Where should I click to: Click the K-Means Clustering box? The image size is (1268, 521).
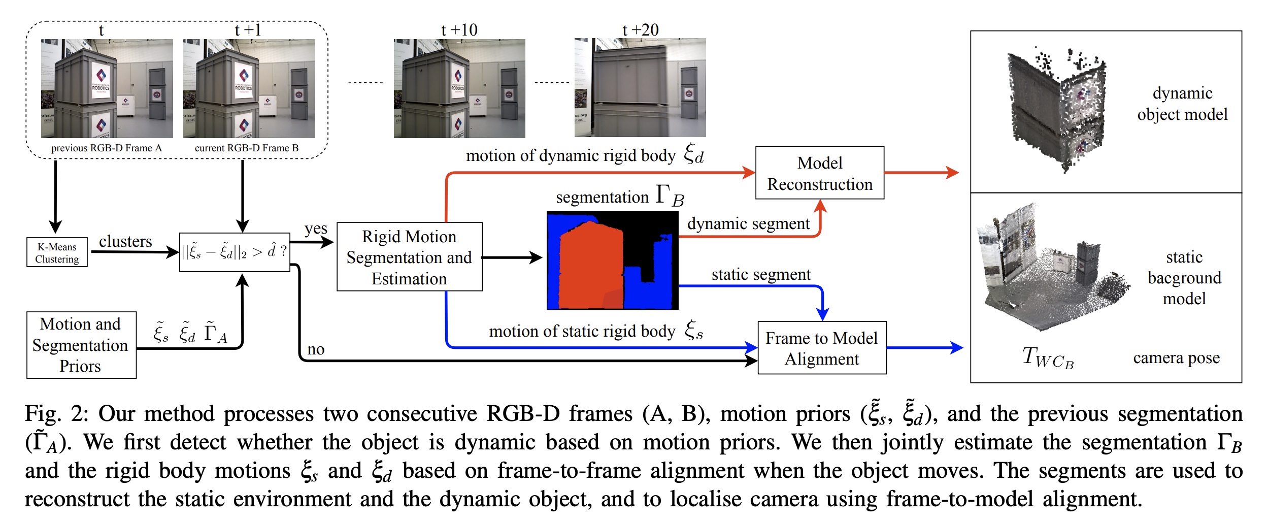click(x=57, y=252)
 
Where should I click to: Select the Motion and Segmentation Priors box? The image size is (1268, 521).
click(x=81, y=345)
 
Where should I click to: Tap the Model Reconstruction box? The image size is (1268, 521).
click(x=819, y=173)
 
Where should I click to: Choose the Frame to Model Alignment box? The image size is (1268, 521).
click(x=821, y=348)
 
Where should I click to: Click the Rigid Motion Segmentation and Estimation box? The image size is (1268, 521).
click(x=409, y=257)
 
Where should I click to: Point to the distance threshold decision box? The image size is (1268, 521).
click(x=235, y=252)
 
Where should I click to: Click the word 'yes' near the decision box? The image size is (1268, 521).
click(x=316, y=229)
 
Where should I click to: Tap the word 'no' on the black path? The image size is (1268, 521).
click(x=316, y=349)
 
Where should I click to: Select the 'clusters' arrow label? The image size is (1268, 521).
click(x=125, y=241)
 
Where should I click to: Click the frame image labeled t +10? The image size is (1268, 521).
click(x=459, y=88)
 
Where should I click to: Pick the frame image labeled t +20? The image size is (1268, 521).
click(x=640, y=88)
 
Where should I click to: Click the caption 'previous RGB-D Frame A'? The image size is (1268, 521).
click(x=106, y=148)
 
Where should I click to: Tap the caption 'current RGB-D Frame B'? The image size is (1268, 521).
click(x=247, y=148)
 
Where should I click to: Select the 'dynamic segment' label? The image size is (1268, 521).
click(x=748, y=223)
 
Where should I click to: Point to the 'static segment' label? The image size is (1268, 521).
click(x=761, y=275)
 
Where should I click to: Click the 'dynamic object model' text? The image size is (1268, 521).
click(x=1182, y=104)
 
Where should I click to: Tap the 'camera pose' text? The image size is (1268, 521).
click(x=1176, y=358)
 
